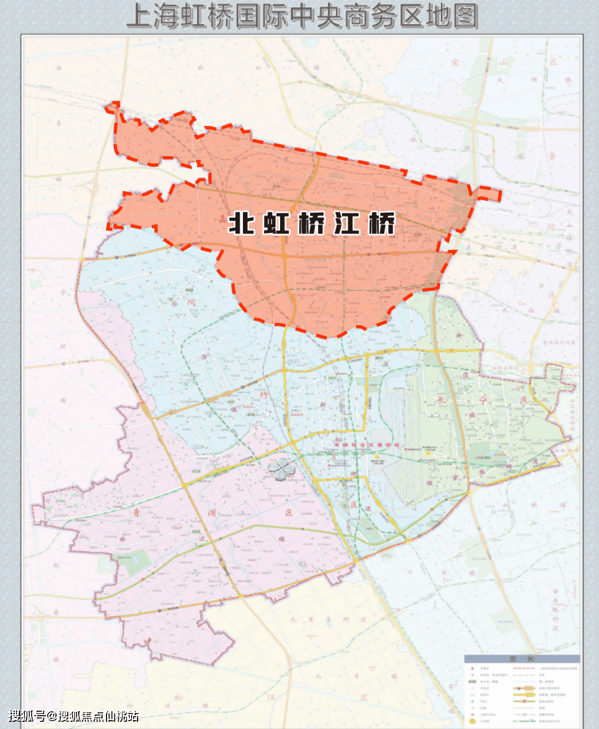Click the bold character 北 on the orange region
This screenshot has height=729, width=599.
point(242,223)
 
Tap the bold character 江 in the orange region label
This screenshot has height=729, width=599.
point(347,223)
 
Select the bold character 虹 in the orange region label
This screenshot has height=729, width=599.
point(277,223)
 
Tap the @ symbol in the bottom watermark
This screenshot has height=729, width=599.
point(52,716)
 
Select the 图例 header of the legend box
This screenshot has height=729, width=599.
point(521,659)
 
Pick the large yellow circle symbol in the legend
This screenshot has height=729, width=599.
point(472,721)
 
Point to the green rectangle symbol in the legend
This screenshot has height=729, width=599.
point(472,681)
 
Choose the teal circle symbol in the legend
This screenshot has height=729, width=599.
point(472,701)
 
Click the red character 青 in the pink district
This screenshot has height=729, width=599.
point(137,513)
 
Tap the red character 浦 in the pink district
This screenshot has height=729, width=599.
point(212,513)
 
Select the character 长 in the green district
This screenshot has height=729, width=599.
point(441,400)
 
